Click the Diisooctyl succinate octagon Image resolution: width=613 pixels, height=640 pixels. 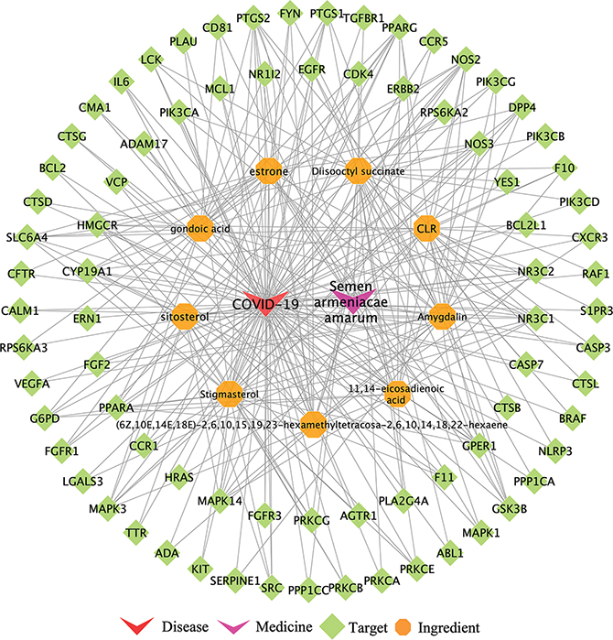point(358,171)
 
